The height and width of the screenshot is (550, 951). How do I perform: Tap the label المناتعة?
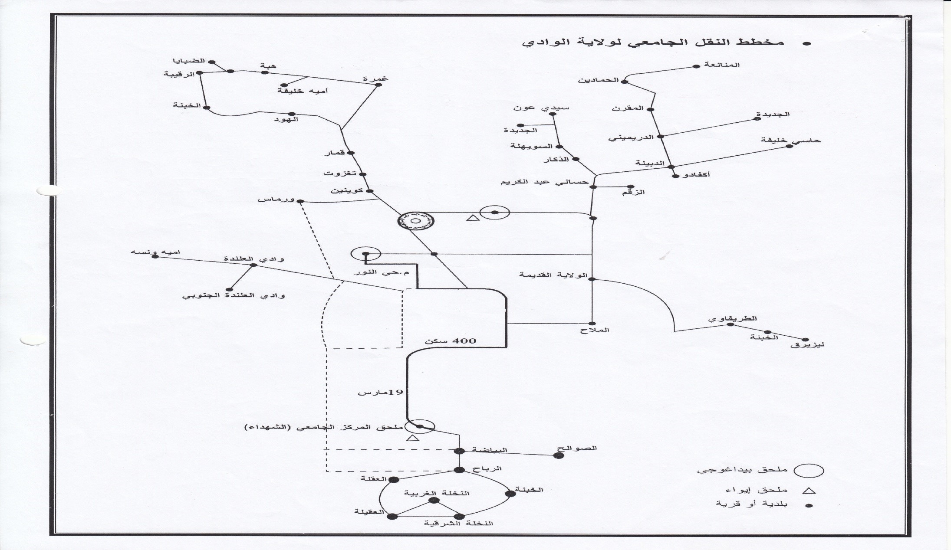(722, 65)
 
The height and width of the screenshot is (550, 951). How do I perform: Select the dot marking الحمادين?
(625, 81)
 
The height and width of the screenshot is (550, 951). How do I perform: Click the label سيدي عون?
(541, 108)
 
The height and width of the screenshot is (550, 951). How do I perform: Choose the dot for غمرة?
(378, 85)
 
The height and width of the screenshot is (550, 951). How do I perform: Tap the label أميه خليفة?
(303, 91)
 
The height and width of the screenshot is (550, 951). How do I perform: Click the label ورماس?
(276, 200)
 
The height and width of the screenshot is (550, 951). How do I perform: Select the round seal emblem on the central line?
(415, 221)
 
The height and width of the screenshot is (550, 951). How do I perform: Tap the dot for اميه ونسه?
(155, 257)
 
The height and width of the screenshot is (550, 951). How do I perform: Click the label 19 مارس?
(380, 392)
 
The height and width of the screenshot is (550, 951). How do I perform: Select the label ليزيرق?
(808, 345)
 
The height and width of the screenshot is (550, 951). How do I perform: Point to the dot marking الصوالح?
(559, 455)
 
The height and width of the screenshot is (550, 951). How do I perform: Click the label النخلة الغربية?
(437, 493)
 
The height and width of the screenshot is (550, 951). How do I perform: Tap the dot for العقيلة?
(392, 516)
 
